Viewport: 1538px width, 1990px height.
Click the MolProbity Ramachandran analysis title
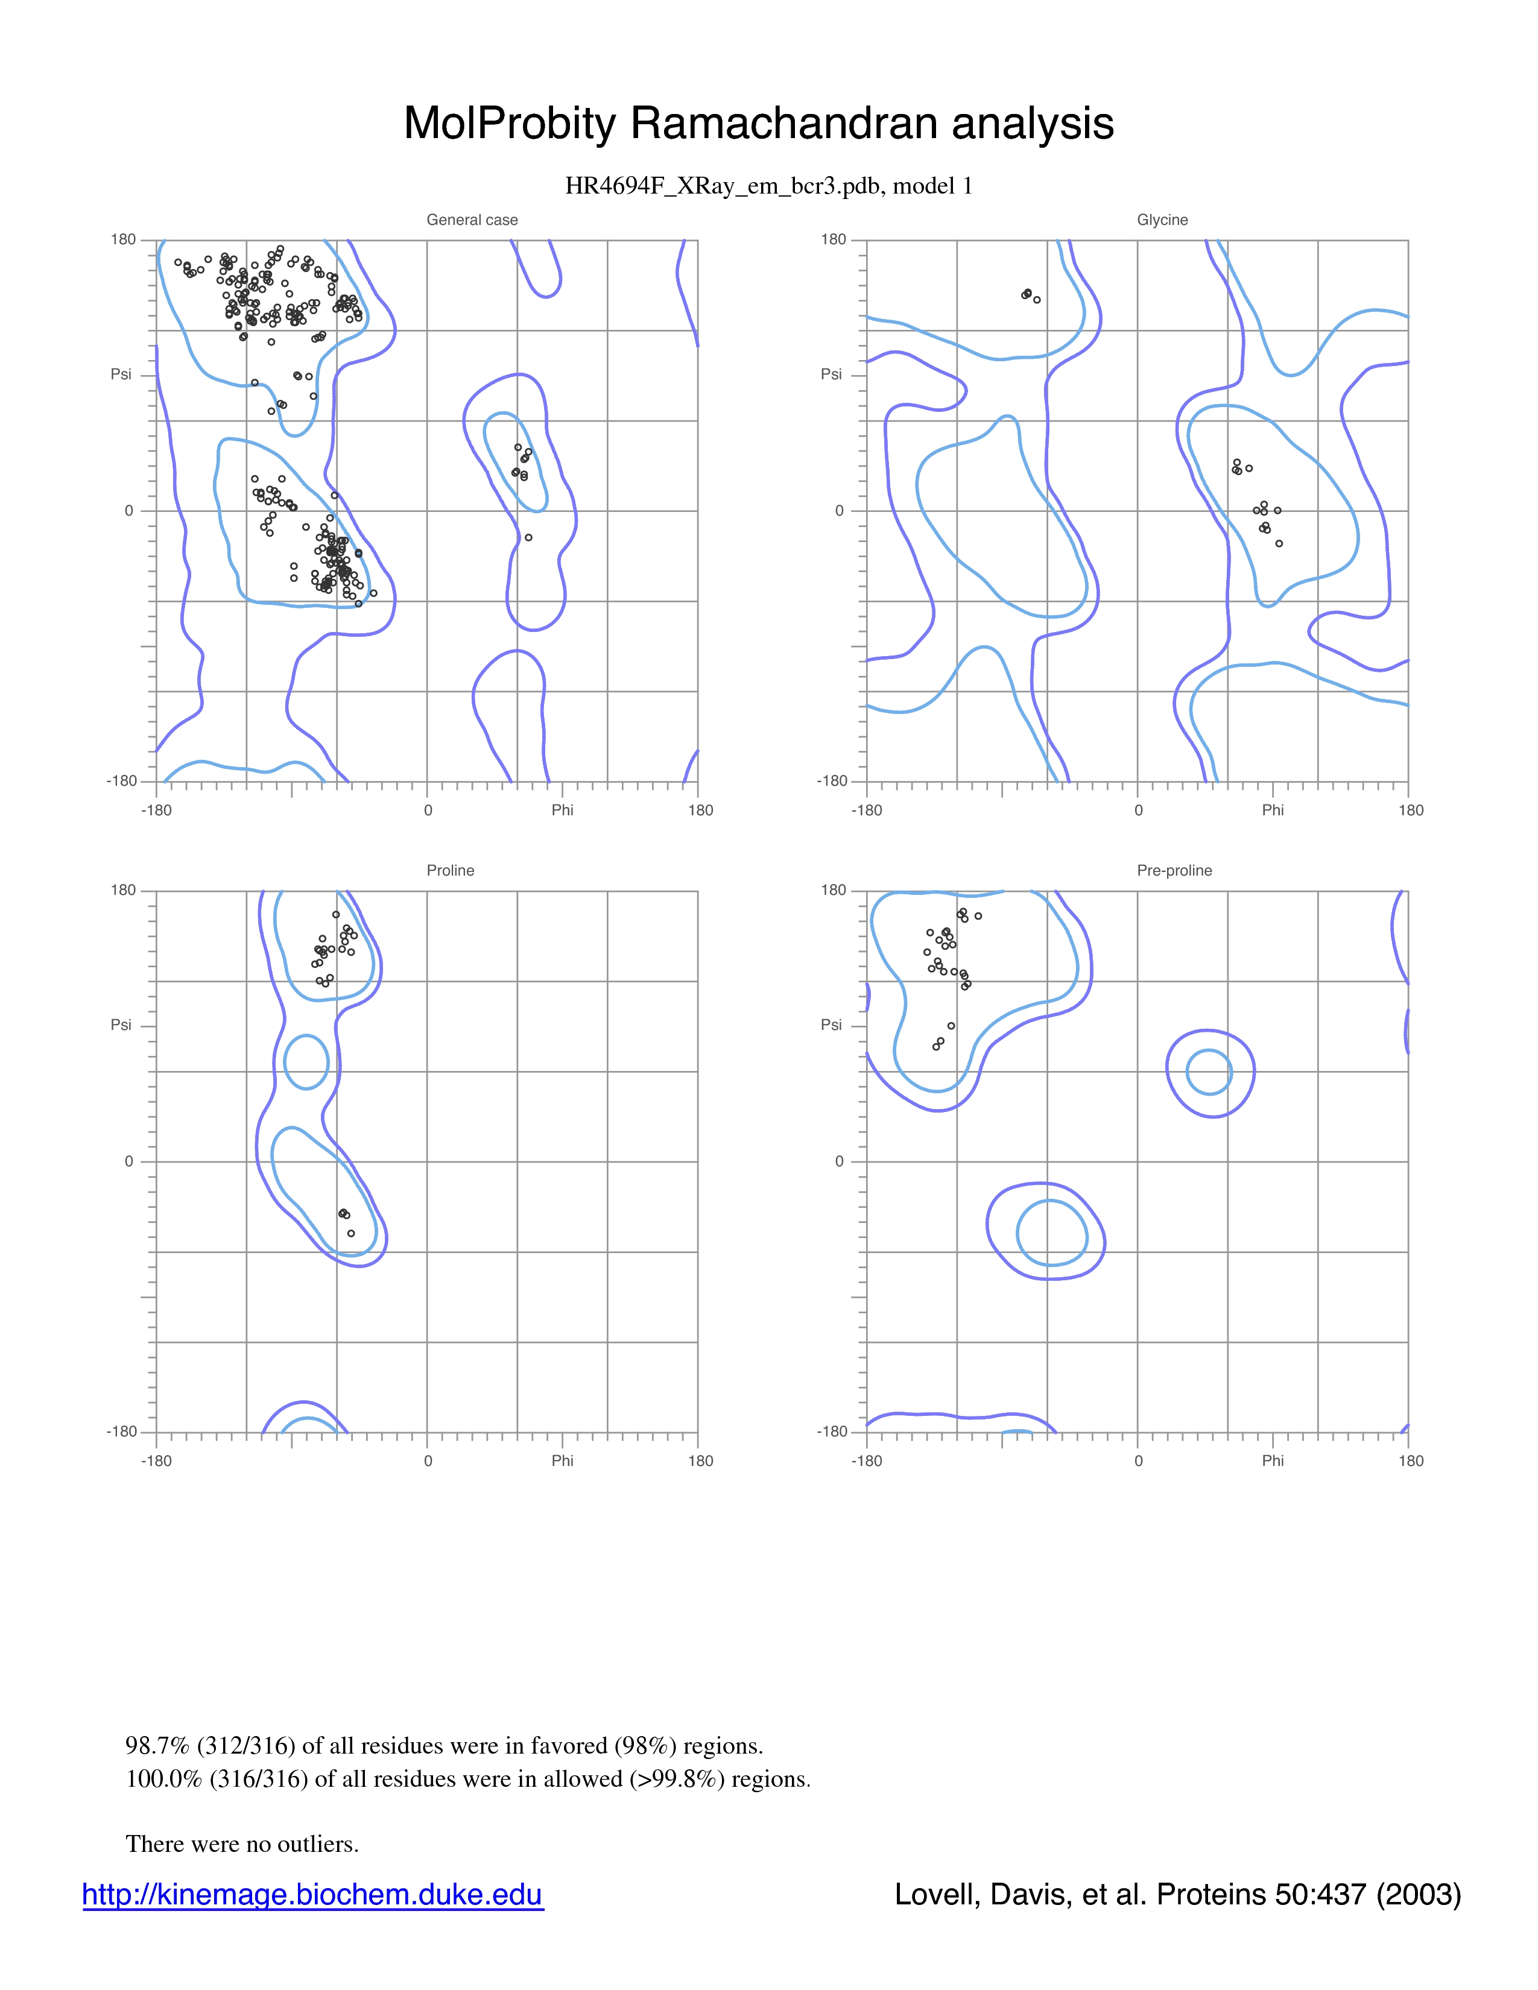click(x=758, y=123)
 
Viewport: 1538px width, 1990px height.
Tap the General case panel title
click(x=472, y=220)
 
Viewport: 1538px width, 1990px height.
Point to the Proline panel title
click(x=450, y=870)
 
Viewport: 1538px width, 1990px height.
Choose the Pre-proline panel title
click(x=1174, y=870)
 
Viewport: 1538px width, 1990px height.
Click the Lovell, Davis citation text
click(x=1177, y=1894)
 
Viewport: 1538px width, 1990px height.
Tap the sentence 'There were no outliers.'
click(x=242, y=1843)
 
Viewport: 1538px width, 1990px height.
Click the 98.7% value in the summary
click(x=157, y=1746)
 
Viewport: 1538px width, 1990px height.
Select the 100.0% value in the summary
click(x=164, y=1778)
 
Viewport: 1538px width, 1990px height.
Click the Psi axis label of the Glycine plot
click(x=831, y=374)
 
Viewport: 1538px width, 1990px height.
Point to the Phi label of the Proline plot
click(x=562, y=1461)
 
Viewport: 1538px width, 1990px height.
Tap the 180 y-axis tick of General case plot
click(x=123, y=239)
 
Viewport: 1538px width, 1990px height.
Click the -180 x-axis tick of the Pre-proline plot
click(x=867, y=1461)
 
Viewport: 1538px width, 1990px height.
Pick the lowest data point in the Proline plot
click(x=351, y=1233)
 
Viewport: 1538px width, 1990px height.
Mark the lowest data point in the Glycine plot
click(x=1279, y=544)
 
